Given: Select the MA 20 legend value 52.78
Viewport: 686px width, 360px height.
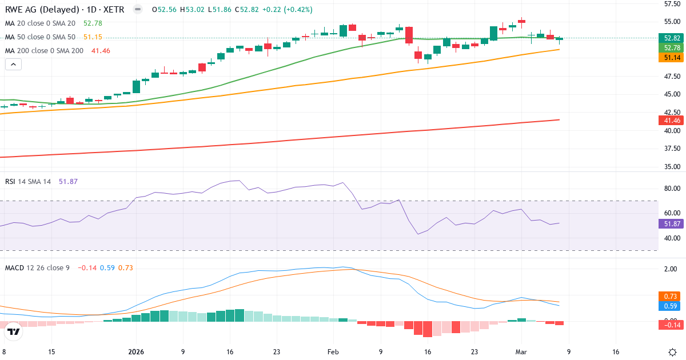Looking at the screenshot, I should pos(93,23).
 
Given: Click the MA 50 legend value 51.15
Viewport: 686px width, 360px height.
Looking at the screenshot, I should pos(93,37).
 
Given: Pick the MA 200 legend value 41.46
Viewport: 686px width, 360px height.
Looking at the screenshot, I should pos(101,51).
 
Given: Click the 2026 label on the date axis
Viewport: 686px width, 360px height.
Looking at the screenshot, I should pos(136,352).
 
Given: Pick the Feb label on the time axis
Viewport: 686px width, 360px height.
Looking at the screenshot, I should pos(333,352).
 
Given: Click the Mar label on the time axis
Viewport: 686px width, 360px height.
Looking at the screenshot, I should pos(521,352).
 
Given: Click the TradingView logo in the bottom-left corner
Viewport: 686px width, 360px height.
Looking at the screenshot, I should pos(14,331).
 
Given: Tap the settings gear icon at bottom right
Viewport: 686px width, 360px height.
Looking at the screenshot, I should pos(673,352).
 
